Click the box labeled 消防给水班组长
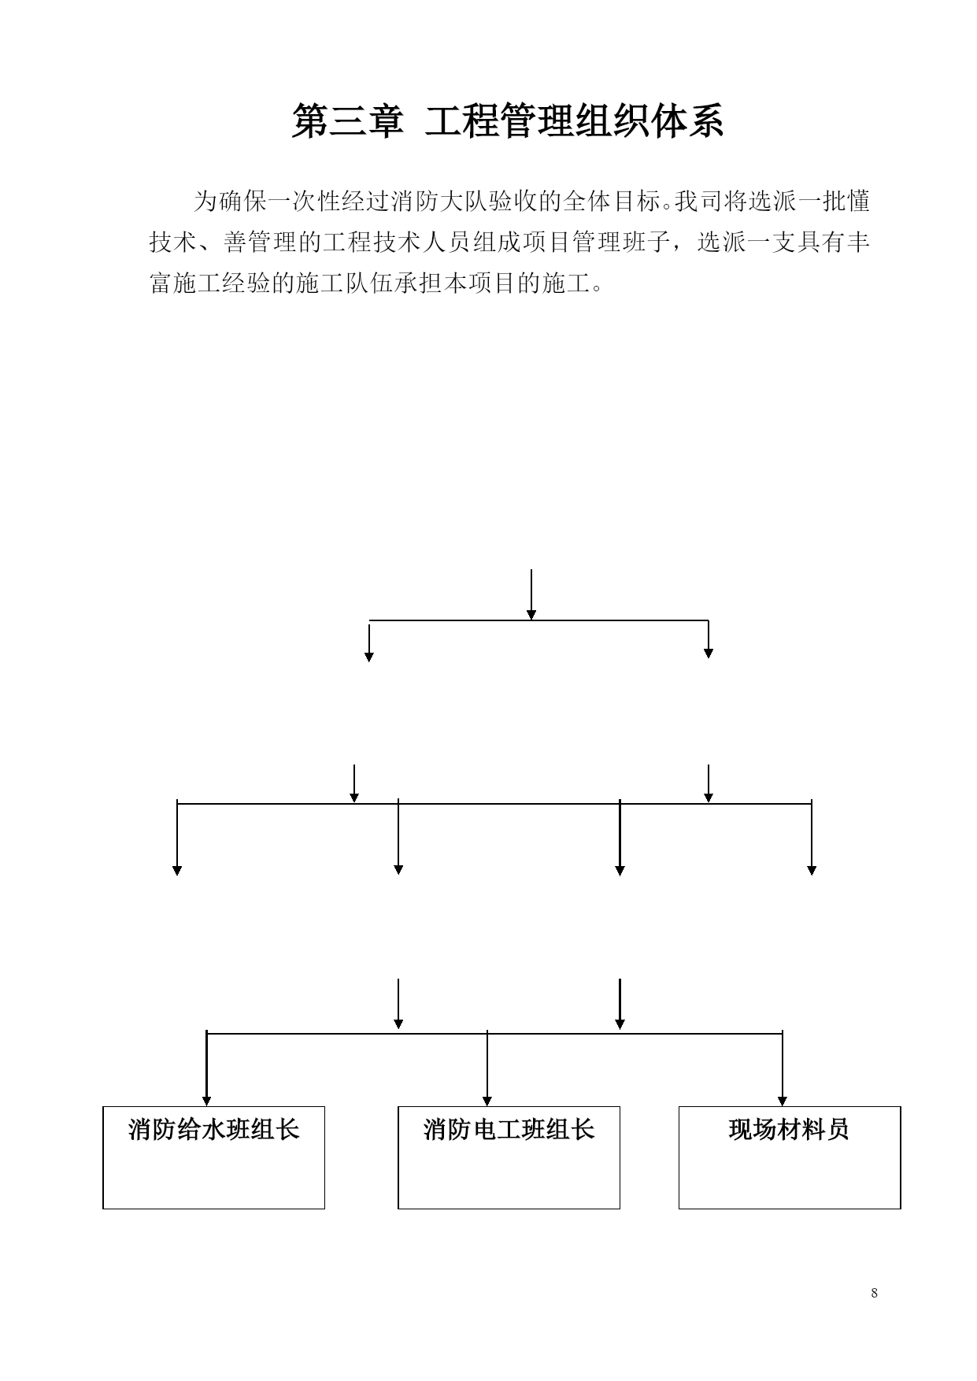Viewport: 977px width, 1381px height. click(x=213, y=1157)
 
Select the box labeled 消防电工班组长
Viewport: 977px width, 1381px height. click(x=509, y=1157)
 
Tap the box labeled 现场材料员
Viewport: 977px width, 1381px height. click(x=790, y=1157)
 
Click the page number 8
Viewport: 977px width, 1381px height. click(x=875, y=1293)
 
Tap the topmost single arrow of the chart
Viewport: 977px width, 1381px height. click(x=531, y=594)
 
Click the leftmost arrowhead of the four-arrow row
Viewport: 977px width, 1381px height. click(x=177, y=870)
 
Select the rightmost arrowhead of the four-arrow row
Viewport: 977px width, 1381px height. click(x=812, y=870)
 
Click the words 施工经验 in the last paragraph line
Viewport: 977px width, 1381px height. click(x=223, y=283)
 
